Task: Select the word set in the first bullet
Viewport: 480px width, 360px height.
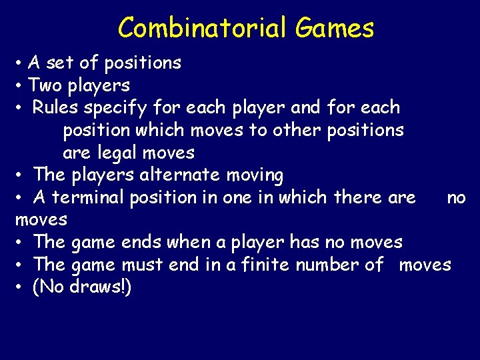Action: tap(61, 63)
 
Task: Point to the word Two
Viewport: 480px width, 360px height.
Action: tap(44, 85)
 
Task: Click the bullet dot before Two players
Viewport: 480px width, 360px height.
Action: tap(21, 86)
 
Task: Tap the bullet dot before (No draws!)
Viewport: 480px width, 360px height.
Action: tap(21, 287)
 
